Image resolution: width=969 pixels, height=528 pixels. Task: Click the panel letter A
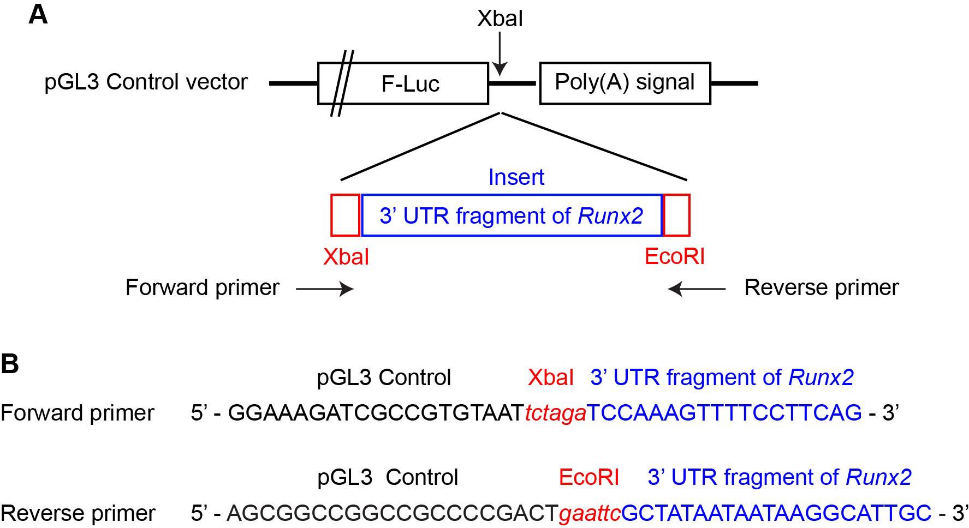click(38, 15)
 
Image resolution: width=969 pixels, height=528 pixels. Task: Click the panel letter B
click(10, 364)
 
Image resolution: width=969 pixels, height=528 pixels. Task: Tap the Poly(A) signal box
click(625, 83)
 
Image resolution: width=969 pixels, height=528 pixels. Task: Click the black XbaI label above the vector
click(500, 19)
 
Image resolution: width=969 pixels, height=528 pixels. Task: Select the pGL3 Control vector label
click(146, 82)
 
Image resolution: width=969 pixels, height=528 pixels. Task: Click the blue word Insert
click(516, 177)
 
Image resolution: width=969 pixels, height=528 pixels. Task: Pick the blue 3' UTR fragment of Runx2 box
click(512, 215)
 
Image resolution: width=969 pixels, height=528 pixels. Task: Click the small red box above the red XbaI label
click(345, 215)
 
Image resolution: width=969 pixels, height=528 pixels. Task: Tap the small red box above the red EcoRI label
click(676, 215)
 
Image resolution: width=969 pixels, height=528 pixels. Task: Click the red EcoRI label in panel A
click(674, 256)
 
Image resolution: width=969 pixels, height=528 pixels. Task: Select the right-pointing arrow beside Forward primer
click(324, 289)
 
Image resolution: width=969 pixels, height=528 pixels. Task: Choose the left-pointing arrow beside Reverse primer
click(697, 289)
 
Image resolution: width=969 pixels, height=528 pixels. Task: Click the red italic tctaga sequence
click(555, 413)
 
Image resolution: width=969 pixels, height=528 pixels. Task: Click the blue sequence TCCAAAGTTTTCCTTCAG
click(724, 413)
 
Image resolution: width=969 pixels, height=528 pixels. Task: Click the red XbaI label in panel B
click(550, 377)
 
